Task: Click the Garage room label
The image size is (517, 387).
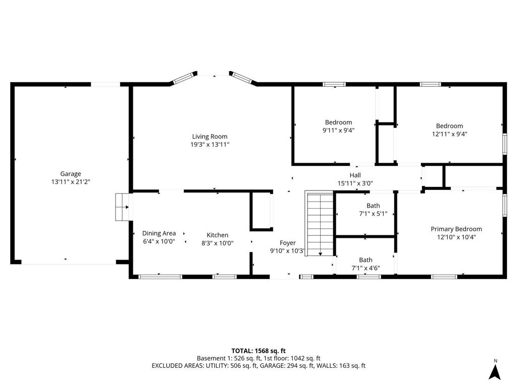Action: point(71,174)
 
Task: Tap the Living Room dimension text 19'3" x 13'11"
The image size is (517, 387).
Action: point(210,145)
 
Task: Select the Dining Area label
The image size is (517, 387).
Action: point(159,233)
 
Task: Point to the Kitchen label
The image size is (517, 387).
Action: point(218,235)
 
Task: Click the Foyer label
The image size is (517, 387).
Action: point(288,243)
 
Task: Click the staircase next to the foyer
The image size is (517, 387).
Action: point(320,224)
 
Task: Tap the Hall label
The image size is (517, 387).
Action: point(355,175)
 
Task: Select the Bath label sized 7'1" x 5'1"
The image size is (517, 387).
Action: point(373,206)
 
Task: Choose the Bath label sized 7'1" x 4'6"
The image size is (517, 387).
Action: point(366,260)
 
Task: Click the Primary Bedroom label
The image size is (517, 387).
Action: point(456,229)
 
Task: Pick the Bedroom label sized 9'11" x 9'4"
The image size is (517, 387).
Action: point(338,122)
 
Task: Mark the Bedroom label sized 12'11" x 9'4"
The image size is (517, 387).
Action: point(449,126)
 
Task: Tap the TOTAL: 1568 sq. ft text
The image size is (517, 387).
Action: point(258,351)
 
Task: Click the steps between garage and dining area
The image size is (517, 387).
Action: point(122,207)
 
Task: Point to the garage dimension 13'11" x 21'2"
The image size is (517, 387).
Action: point(71,182)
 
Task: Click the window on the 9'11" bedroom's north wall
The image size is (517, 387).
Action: point(334,84)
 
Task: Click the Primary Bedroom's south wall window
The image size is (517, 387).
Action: point(444,276)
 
